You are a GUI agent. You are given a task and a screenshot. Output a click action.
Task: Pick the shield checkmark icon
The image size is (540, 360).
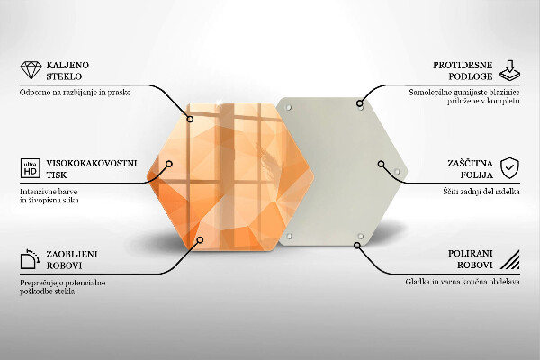tap(510, 167)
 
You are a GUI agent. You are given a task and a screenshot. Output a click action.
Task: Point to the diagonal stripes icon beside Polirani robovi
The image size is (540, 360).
tap(510, 262)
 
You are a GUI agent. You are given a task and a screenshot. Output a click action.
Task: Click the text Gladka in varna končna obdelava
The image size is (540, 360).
tap(462, 282)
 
